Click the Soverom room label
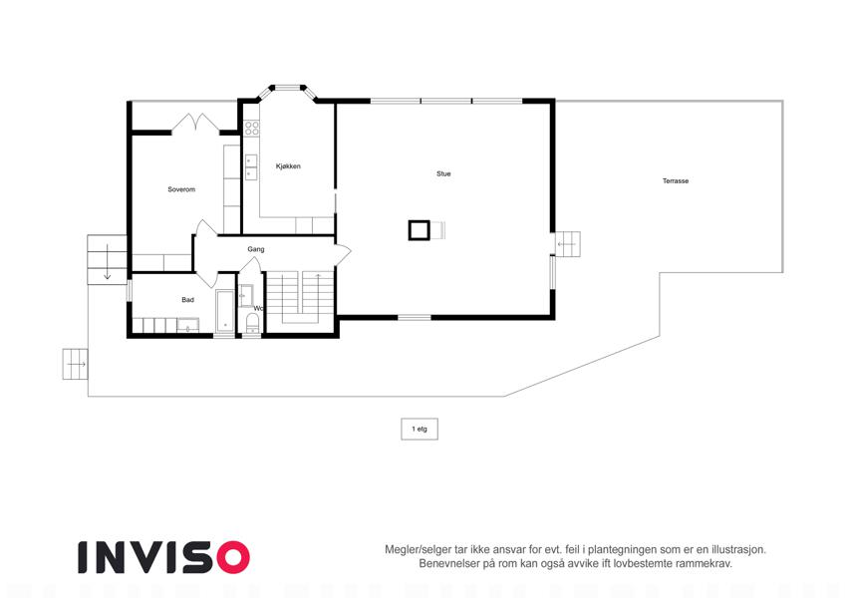point(181,189)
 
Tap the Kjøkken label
point(288,166)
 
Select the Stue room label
point(443,173)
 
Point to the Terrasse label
point(676,180)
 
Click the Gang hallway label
point(256,249)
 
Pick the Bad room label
point(187,300)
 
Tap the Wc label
point(258,309)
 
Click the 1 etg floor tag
point(420,430)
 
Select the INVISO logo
point(163,557)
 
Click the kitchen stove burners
point(251,128)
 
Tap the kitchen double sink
point(251,167)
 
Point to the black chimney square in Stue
point(420,230)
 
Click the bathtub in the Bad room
point(225,311)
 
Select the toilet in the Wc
point(252,323)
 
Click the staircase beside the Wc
point(300,298)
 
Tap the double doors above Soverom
point(195,124)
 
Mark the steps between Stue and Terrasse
point(568,244)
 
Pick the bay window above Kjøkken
point(288,91)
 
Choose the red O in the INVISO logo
point(233,557)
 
